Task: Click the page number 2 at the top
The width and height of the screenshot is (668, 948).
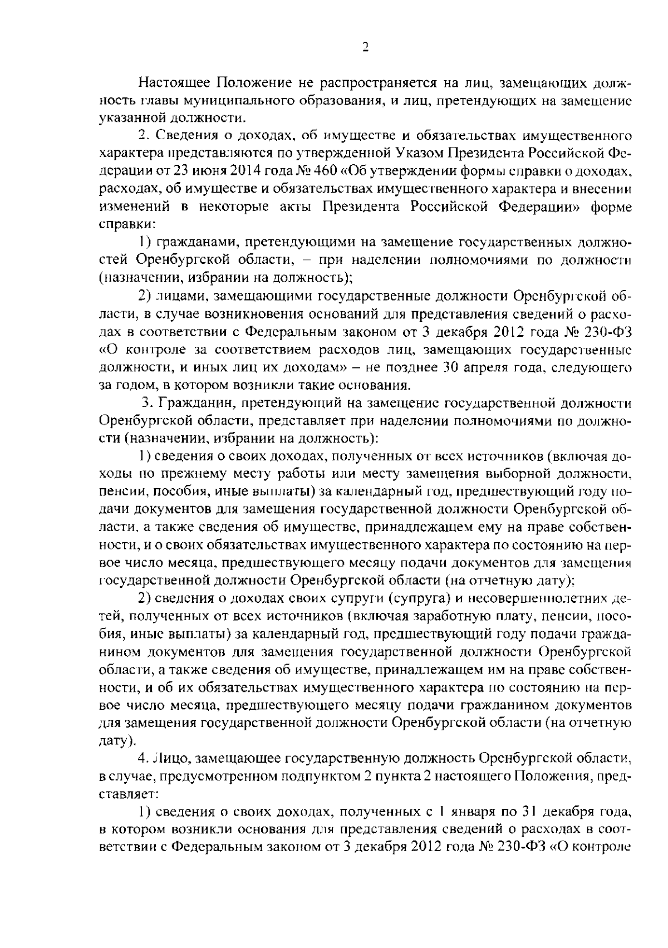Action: (365, 48)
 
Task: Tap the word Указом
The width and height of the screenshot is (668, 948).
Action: (412, 153)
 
